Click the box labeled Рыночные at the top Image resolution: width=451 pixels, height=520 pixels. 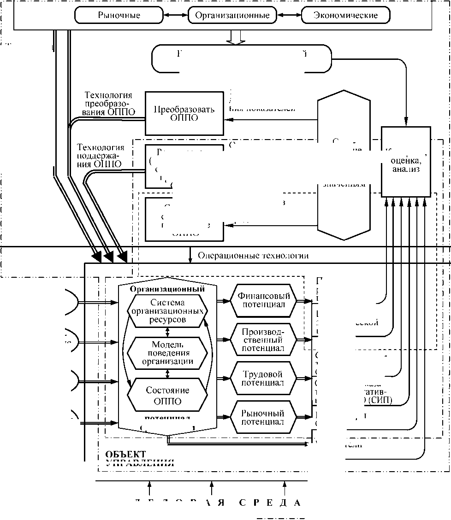(x=119, y=15)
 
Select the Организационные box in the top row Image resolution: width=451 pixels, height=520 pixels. (x=232, y=15)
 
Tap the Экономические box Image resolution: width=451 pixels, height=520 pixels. (x=345, y=15)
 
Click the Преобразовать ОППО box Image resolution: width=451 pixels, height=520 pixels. (x=184, y=113)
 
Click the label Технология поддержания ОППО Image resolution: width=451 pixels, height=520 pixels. (x=101, y=156)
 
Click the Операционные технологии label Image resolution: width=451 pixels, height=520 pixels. (x=253, y=256)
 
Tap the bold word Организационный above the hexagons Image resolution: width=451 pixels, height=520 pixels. (x=167, y=289)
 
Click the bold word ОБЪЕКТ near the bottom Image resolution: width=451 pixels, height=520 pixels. (x=126, y=454)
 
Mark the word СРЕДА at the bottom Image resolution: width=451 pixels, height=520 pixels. (x=270, y=502)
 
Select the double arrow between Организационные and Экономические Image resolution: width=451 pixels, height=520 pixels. (x=289, y=15)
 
